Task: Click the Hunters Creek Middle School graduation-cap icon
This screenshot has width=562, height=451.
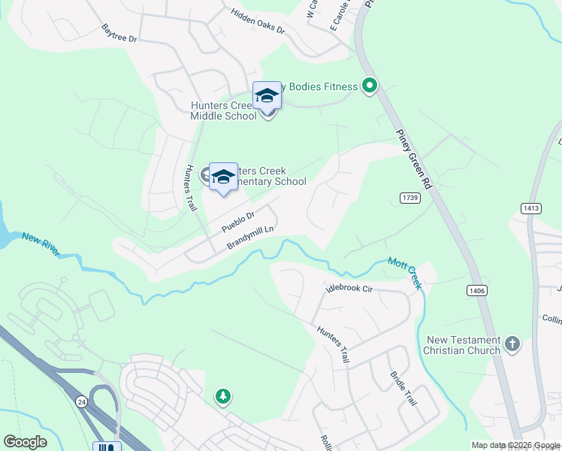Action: (267, 95)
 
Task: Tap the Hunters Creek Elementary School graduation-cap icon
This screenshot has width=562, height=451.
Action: (223, 177)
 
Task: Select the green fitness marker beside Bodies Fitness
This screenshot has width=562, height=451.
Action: (369, 86)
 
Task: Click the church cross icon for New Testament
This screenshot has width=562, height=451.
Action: (512, 344)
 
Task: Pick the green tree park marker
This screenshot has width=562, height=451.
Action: (222, 395)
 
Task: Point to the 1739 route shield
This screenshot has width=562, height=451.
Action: (409, 197)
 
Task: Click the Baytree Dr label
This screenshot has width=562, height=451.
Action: (120, 32)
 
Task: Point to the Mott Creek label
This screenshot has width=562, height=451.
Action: (406, 272)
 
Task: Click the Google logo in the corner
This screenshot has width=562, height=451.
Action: (25, 441)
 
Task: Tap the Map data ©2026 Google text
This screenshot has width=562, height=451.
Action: (515, 445)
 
